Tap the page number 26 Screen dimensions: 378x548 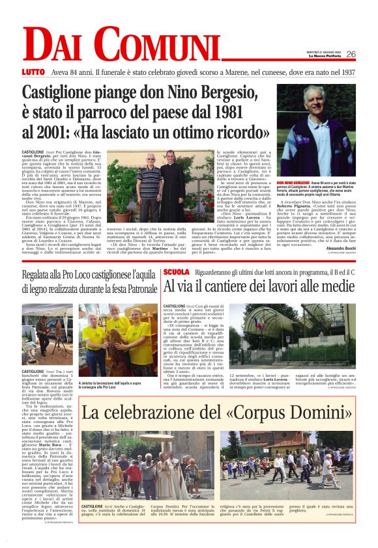tap(351, 55)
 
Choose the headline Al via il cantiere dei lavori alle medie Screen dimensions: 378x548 tap(259, 286)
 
